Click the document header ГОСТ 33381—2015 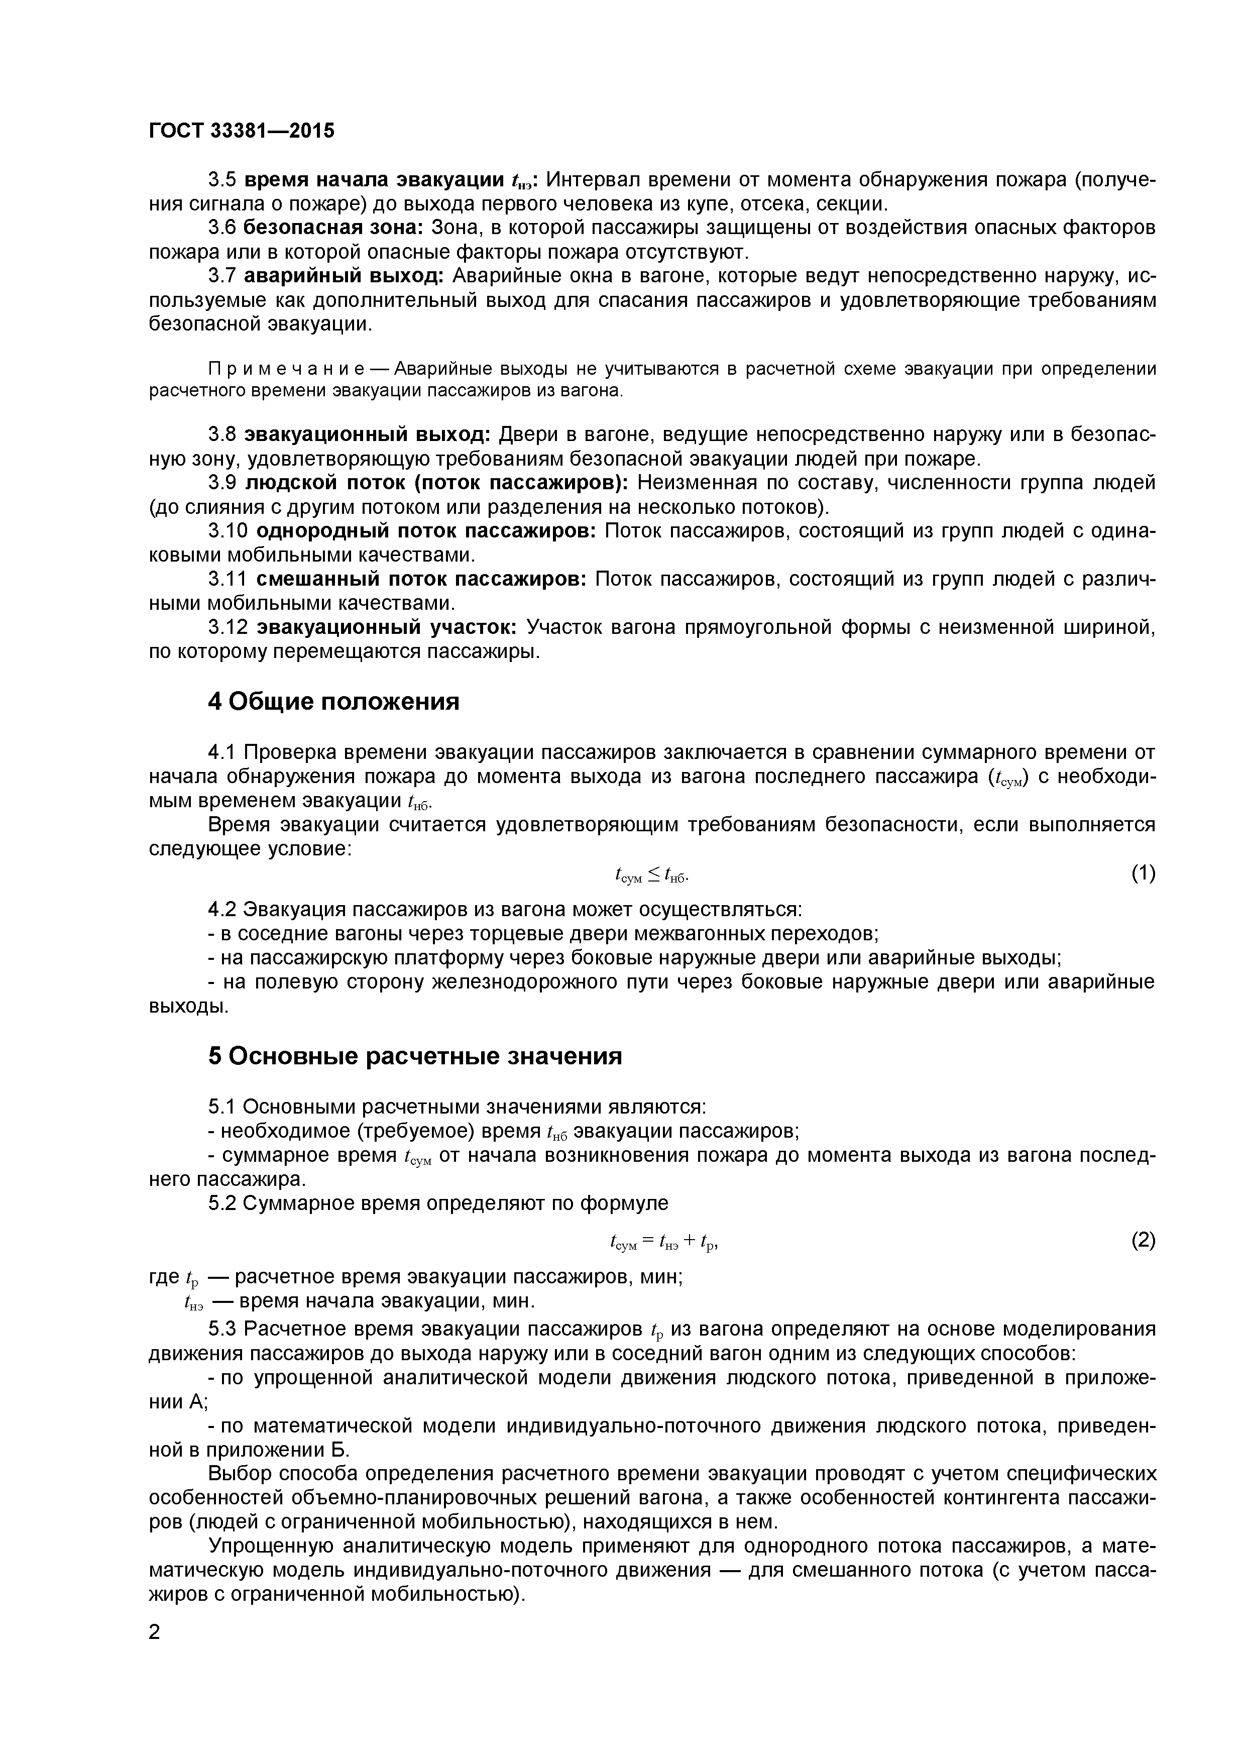(x=242, y=131)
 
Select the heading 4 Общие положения (x=334, y=701)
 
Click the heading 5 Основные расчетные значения (x=414, y=1057)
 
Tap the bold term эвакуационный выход (x=367, y=435)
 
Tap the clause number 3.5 (x=222, y=180)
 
